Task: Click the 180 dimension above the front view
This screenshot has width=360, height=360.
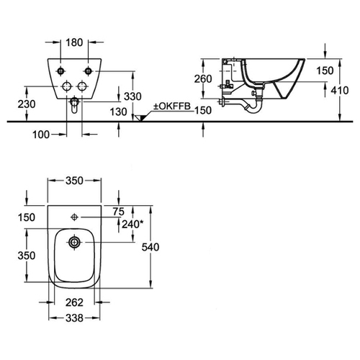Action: click(x=74, y=42)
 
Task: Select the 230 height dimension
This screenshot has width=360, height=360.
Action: click(x=27, y=104)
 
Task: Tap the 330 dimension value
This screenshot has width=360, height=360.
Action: click(x=132, y=96)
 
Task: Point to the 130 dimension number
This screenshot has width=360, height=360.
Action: click(x=118, y=112)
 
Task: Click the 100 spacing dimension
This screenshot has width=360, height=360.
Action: click(x=41, y=135)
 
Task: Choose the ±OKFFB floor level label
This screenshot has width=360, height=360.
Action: click(x=172, y=107)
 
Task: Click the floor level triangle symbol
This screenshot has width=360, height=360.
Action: click(x=139, y=118)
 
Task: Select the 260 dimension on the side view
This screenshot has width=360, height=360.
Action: click(x=203, y=78)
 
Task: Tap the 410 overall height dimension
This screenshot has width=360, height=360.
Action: click(x=340, y=90)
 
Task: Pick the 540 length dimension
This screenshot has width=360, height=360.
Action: click(x=150, y=247)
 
